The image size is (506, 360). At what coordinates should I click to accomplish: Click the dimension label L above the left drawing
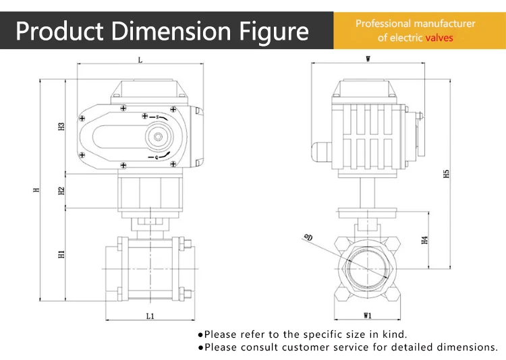tap(140, 60)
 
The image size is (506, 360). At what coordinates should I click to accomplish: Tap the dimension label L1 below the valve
tap(150, 316)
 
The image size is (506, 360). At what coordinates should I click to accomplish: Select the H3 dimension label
tap(61, 126)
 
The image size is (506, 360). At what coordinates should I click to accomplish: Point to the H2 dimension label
tap(61, 191)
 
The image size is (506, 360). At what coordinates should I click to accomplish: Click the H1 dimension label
tap(61, 254)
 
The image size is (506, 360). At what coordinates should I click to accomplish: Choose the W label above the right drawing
tap(368, 59)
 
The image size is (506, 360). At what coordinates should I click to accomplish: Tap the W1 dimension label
tap(368, 316)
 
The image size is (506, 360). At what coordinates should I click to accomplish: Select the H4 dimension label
tap(424, 240)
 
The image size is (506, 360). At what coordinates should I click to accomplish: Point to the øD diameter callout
tap(309, 237)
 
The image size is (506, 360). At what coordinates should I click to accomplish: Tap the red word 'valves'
tap(439, 38)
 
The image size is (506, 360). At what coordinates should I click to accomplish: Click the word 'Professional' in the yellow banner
tap(383, 24)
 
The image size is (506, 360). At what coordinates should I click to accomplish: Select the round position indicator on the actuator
tap(158, 137)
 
